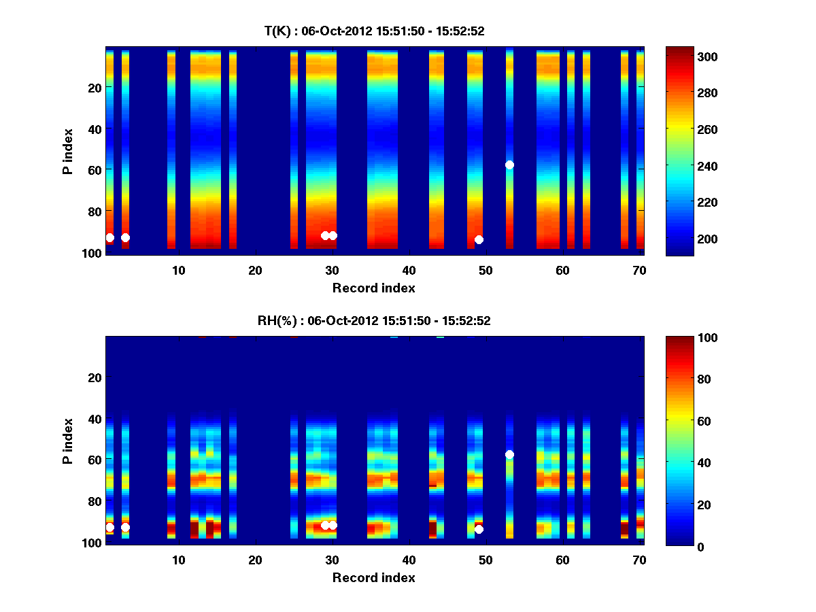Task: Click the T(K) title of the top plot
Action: (374, 31)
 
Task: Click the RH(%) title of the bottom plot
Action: (374, 320)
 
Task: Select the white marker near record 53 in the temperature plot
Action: (509, 165)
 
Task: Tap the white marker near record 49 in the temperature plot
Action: (479, 239)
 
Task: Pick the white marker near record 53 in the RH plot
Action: (509, 454)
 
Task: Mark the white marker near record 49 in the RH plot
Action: (479, 529)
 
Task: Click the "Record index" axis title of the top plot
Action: (374, 288)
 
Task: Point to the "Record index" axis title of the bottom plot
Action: (374, 577)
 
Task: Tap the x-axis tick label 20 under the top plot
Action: (255, 270)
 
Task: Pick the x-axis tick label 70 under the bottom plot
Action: (639, 560)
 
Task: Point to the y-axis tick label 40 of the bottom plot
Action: (95, 419)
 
